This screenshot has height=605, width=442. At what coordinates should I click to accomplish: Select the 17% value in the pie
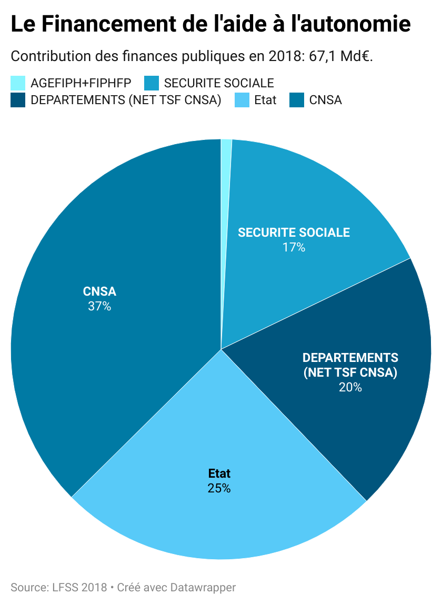coord(294,247)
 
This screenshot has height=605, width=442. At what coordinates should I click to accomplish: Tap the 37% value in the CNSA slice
coord(99,306)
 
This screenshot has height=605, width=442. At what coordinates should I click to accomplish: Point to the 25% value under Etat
coord(219,488)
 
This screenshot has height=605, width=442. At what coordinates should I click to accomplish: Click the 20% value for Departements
coord(350,387)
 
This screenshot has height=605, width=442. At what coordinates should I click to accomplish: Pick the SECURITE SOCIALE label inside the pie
coord(294,233)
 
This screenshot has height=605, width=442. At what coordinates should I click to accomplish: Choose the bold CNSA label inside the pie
coord(99,291)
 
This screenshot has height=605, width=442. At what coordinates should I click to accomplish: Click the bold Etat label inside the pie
coord(219,473)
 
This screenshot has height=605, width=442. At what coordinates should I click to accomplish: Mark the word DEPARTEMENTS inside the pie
coord(350,358)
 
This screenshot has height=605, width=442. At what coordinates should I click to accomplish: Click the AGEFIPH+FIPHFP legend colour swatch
coord(18,83)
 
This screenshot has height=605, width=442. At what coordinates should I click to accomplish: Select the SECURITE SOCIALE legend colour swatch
coord(152,83)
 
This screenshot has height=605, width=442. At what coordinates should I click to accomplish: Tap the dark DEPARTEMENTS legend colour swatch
coord(18,100)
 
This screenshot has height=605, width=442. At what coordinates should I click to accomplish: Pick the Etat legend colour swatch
coord(242,100)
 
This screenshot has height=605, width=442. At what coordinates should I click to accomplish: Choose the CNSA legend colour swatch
coord(297,100)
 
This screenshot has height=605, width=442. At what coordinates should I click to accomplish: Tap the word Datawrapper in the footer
coord(203,587)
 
